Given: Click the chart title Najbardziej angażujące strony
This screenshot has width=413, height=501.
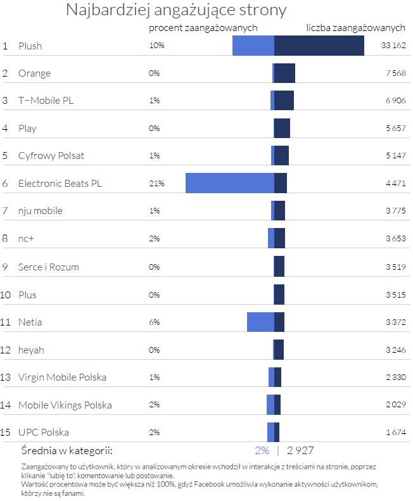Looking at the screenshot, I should click(176, 10).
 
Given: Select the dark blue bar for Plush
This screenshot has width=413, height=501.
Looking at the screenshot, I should click(319, 46).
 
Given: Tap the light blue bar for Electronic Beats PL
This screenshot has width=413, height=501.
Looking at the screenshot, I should click(229, 183).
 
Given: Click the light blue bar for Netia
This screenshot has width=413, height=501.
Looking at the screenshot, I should click(260, 322).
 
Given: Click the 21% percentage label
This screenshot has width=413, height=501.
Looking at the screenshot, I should click(156, 183).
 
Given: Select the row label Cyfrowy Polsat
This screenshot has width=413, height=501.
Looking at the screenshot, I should click(51, 155).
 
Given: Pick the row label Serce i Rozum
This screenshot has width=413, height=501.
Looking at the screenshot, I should click(49, 267).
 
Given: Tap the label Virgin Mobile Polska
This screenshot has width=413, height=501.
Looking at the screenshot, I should click(62, 377).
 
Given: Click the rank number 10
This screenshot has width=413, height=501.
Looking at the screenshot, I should click(6, 295).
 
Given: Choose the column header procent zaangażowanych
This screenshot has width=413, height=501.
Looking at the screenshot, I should click(203, 28).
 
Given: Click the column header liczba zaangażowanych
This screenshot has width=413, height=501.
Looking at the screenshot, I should click(355, 28).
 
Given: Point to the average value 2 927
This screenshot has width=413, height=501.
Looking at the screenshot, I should click(300, 451).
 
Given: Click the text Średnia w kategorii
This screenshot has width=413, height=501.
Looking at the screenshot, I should click(67, 451).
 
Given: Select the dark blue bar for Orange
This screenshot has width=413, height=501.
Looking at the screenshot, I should click(284, 73).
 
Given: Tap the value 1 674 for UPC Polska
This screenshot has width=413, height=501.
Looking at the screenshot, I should click(395, 432).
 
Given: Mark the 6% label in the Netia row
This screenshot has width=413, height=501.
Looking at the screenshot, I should click(155, 322).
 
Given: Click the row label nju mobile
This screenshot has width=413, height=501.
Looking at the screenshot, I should click(41, 210).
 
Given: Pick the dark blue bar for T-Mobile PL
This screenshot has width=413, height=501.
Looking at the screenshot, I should click(284, 100).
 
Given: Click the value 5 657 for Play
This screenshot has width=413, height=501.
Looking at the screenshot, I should click(395, 128).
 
